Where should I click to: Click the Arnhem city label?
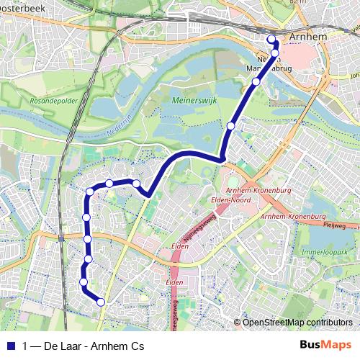point(308,37)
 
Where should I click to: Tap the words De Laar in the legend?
point(62,346)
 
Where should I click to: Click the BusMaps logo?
point(325,346)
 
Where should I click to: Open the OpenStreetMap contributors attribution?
point(297,323)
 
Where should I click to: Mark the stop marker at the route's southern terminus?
point(101,302)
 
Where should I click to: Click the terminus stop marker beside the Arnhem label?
point(271,39)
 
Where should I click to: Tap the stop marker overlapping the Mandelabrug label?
point(274,53)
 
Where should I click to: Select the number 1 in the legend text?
point(25,346)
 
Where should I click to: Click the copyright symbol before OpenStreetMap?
point(238,323)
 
